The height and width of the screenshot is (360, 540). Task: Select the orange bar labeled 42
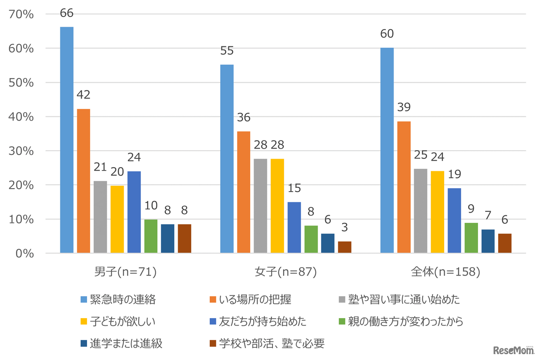click(84, 181)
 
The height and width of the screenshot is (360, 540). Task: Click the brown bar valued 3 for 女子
click(345, 247)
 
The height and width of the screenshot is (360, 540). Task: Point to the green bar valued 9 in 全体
click(471, 238)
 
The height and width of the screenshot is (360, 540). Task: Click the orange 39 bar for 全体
click(404, 187)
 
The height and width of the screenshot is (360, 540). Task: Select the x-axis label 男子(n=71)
click(126, 273)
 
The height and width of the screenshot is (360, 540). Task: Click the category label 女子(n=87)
click(286, 273)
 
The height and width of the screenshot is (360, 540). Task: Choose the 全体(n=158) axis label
click(446, 273)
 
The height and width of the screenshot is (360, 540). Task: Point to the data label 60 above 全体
click(387, 33)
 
